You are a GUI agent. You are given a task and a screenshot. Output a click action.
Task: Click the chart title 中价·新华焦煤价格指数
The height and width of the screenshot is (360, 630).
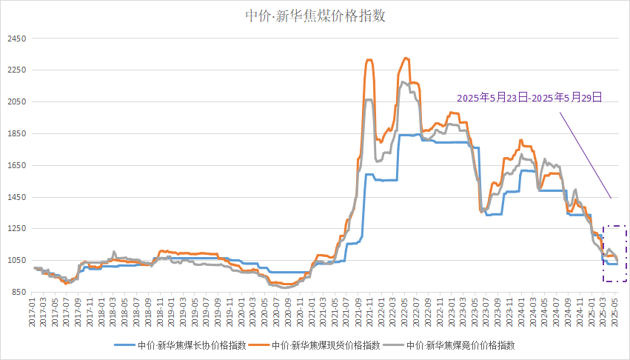[315, 16]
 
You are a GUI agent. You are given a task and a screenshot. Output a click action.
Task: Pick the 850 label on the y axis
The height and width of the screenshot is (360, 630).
[17, 293]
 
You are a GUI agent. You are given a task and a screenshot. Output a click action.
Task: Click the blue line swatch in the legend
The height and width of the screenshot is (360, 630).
[124, 345]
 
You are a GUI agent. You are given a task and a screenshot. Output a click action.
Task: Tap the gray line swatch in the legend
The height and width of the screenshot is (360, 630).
[393, 345]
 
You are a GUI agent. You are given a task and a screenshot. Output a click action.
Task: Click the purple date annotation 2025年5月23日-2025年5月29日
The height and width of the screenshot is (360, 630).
[529, 98]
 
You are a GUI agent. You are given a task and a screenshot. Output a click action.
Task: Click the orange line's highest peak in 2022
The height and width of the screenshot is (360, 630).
[405, 58]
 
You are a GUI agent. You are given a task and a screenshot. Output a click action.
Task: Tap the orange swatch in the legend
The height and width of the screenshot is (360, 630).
[259, 345]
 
